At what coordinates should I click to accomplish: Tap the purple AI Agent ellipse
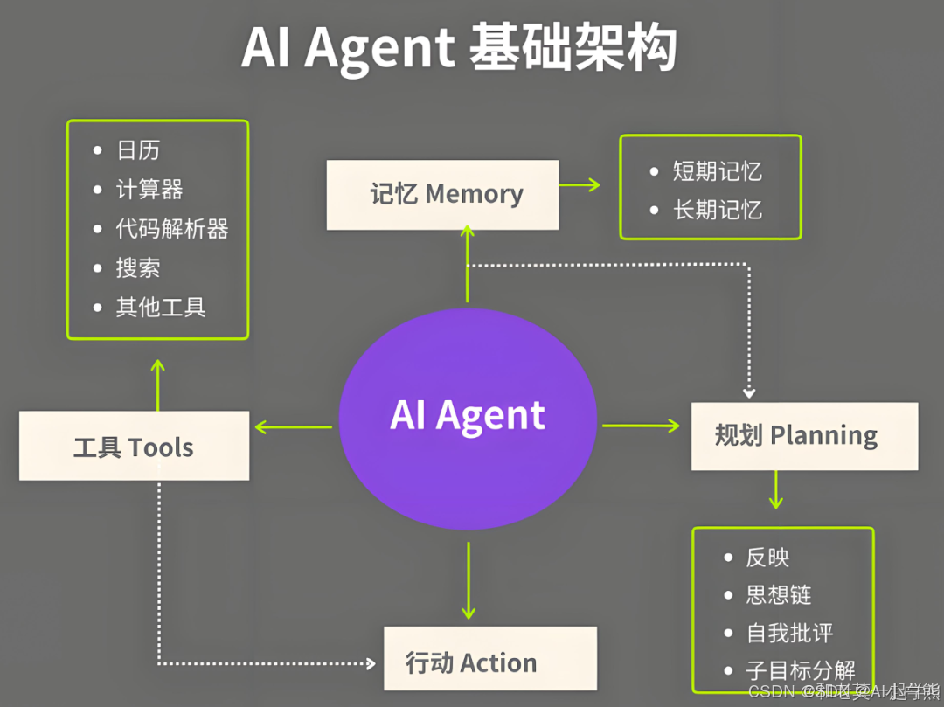468,418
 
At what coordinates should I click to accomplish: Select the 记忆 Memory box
442,194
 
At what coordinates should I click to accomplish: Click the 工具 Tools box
134,447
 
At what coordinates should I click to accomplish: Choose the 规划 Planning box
804,435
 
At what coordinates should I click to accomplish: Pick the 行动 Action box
489,662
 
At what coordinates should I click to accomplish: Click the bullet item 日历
138,150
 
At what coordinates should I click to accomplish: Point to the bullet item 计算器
149,190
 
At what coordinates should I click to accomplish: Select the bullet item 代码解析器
172,229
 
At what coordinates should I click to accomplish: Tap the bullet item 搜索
138,268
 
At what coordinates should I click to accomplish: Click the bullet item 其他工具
161,307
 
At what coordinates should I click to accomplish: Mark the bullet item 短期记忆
717,171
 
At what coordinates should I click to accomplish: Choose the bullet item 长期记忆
717,210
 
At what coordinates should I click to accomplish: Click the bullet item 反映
767,558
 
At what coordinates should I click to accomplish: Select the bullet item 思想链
778,595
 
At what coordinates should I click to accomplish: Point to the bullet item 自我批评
789,633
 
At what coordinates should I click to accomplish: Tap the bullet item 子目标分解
800,670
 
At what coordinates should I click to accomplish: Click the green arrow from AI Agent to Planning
641,426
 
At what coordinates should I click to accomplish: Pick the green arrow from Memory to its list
580,184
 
